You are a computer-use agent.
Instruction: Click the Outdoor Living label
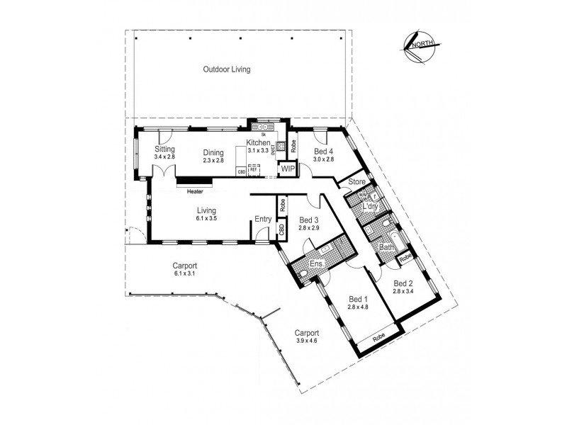tap(227, 69)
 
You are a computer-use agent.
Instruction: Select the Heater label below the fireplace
tap(194, 191)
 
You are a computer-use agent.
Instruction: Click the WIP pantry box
tap(288, 169)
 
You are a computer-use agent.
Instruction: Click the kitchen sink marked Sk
tap(263, 127)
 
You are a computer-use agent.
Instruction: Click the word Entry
tap(263, 219)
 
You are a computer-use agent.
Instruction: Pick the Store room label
tap(356, 183)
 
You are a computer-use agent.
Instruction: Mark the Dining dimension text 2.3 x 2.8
tap(213, 161)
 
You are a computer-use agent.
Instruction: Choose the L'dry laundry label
tap(369, 207)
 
